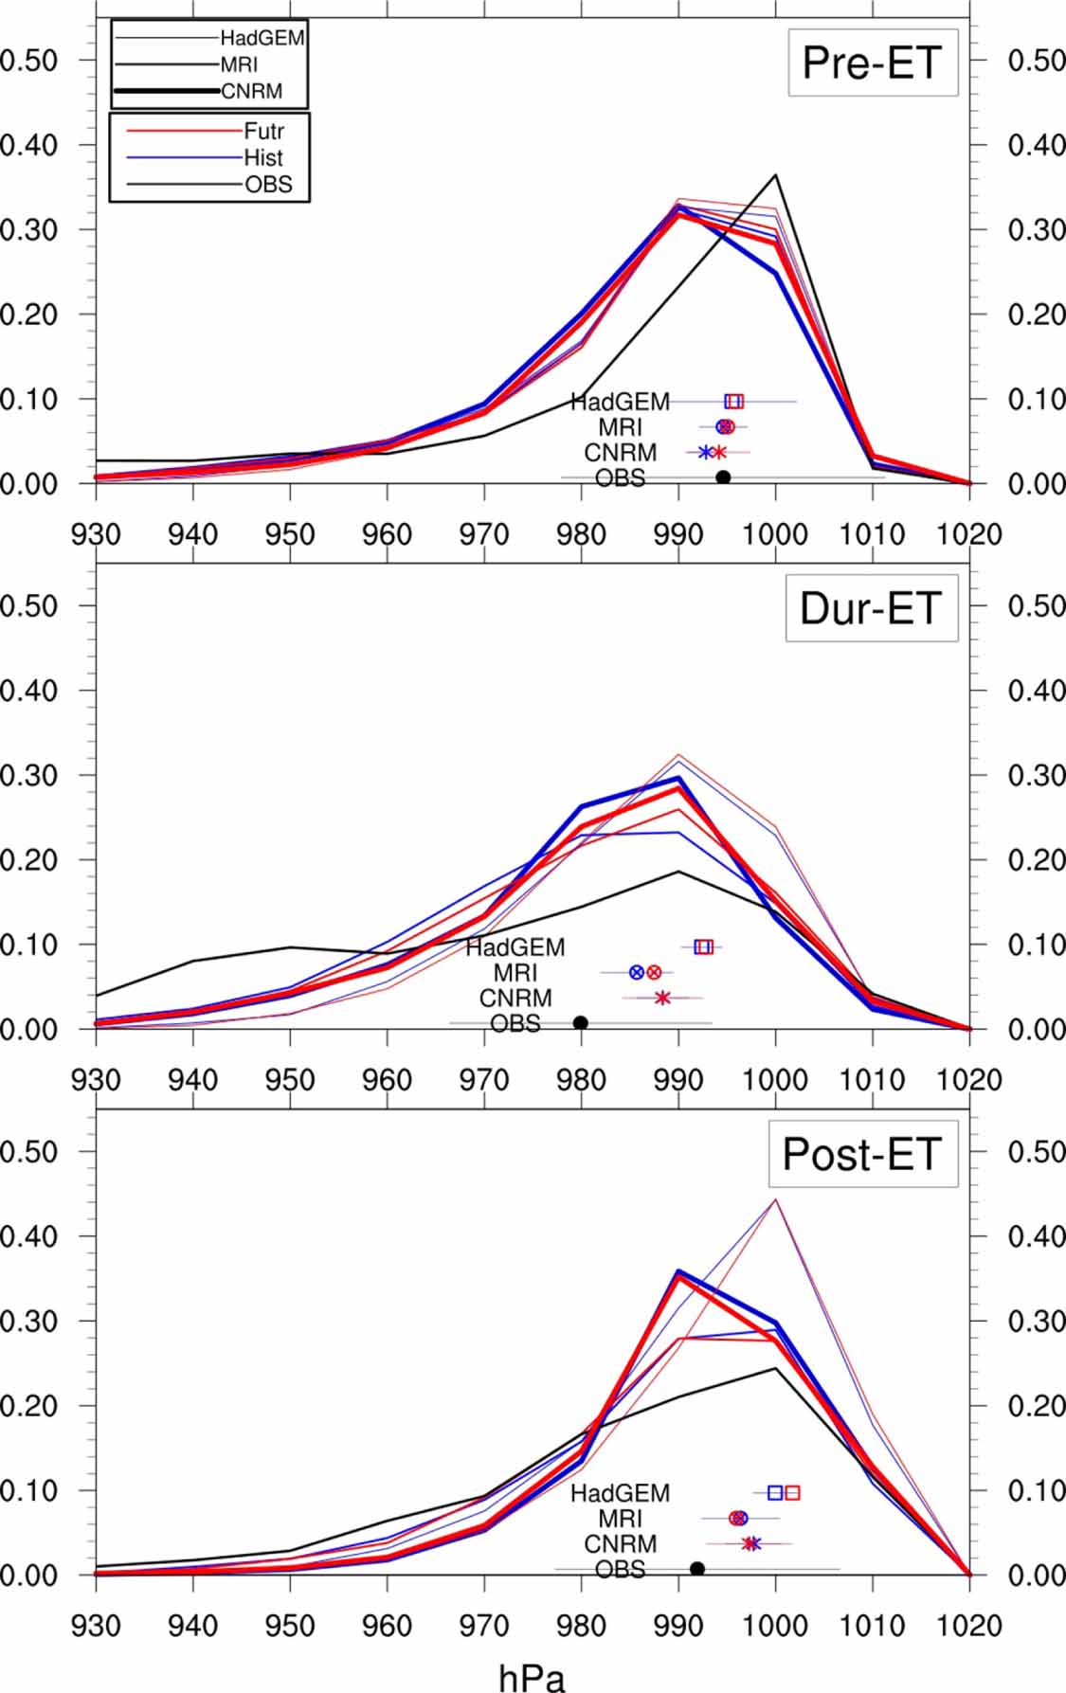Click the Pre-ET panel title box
point(872,63)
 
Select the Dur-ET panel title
point(871,608)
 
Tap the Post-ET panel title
point(861,1154)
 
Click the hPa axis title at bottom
point(532,1677)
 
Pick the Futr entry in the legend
point(263,131)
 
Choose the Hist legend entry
point(263,157)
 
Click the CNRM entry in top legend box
point(251,92)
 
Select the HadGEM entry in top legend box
point(262,39)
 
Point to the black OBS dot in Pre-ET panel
point(723,477)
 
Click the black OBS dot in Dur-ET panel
point(581,1022)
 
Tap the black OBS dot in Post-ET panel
point(697,1569)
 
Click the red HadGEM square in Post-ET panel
point(792,1493)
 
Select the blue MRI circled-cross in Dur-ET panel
point(637,972)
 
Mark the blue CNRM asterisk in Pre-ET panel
point(705,452)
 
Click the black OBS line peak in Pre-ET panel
point(776,174)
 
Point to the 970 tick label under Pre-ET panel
point(484,535)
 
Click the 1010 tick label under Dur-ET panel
point(872,1080)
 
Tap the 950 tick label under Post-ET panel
point(289,1626)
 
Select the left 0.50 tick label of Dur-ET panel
point(28,605)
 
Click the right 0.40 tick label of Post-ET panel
point(1036,1236)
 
